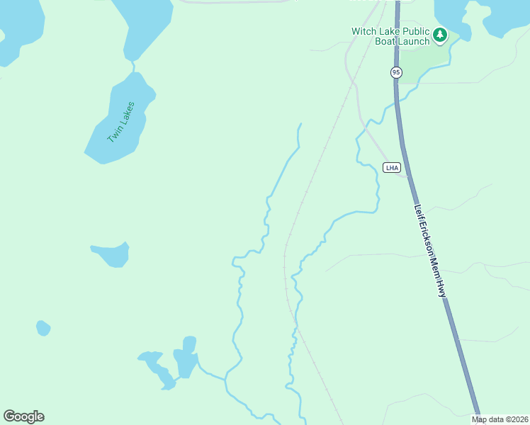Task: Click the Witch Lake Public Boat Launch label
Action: (390, 36)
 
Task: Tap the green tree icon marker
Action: (440, 35)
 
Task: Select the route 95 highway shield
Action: (396, 72)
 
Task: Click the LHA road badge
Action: (392, 168)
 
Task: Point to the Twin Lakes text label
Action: (120, 122)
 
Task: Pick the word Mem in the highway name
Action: (437, 268)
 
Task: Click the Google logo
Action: (23, 416)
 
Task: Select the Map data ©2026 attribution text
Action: (500, 419)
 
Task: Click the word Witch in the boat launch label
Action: (366, 31)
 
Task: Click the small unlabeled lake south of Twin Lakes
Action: (112, 254)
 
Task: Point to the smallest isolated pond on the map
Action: (43, 328)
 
